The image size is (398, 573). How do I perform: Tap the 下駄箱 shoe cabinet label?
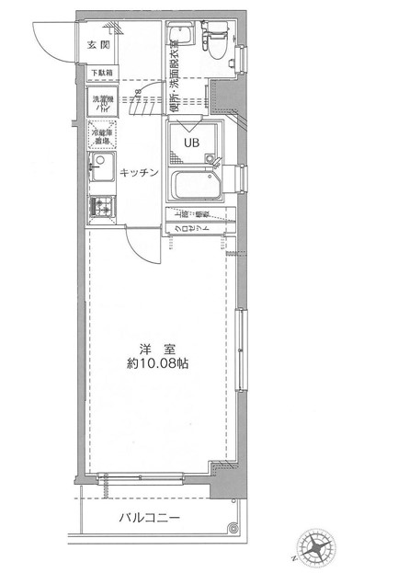click(102, 72)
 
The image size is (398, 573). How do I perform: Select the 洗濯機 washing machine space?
click(101, 104)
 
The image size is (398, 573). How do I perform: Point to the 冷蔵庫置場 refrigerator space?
click(101, 137)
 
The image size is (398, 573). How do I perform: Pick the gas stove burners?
click(99, 209)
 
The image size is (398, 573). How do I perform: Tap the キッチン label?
click(140, 172)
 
